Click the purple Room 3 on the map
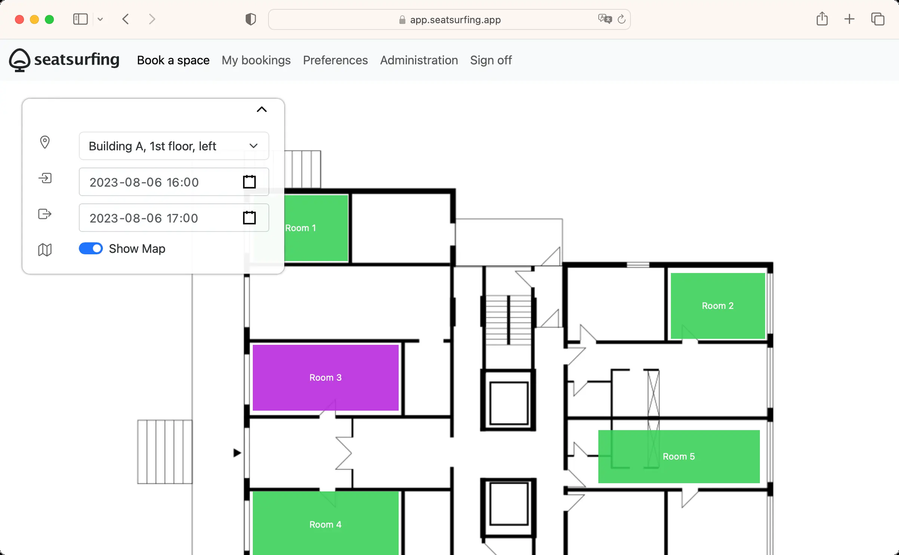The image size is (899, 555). (325, 377)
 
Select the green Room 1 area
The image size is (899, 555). (316, 228)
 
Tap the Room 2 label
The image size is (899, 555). (717, 306)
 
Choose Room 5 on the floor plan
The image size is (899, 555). (679, 457)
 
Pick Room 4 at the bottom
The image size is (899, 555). (325, 523)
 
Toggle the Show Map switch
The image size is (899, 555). (91, 249)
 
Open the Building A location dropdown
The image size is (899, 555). (174, 146)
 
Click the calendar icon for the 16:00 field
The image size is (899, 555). (249, 182)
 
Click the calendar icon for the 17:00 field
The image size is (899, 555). (249, 218)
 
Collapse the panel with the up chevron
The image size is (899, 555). (262, 110)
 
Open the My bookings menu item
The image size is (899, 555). (256, 60)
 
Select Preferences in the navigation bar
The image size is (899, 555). (335, 60)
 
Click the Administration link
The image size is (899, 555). (419, 60)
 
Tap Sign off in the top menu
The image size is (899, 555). (491, 60)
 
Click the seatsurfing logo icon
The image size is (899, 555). (20, 60)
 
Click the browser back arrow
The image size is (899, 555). (125, 19)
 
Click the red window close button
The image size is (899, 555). (20, 19)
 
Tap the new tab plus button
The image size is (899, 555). (849, 19)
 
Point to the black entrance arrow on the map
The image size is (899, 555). (237, 453)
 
